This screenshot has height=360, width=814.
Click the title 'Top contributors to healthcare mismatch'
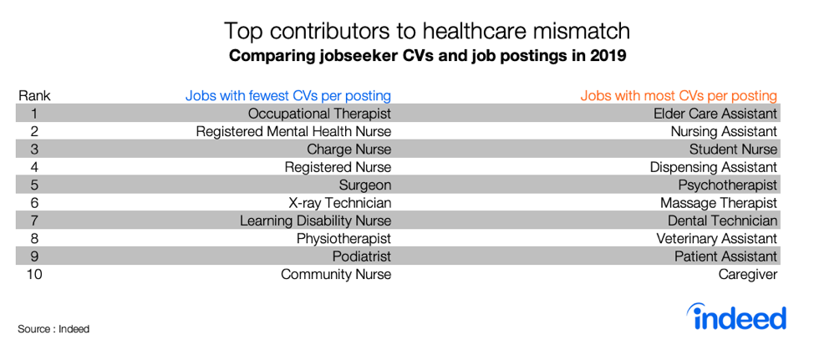click(x=426, y=32)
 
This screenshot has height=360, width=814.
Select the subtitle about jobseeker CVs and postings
click(x=427, y=57)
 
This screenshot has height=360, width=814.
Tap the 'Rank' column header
click(x=34, y=95)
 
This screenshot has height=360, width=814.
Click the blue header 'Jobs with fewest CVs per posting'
click(x=287, y=95)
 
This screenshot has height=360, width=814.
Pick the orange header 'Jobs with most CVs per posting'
click(x=679, y=95)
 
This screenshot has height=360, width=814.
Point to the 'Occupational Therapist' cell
click(x=319, y=113)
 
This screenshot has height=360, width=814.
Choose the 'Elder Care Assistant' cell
click(x=715, y=113)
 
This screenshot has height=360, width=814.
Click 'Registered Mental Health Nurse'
click(x=293, y=131)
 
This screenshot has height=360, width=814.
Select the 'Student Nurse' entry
click(x=733, y=149)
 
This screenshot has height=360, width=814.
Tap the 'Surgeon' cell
click(x=364, y=185)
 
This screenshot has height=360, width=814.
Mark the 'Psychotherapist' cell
click(x=727, y=185)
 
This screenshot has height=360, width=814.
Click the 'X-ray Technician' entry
click(x=339, y=202)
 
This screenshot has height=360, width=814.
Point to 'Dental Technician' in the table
click(x=722, y=221)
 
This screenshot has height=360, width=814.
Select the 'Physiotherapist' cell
click(x=343, y=238)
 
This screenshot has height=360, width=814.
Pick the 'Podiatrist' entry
click(x=361, y=256)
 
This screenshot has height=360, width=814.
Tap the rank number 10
click(x=34, y=274)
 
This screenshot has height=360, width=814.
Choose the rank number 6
click(x=34, y=202)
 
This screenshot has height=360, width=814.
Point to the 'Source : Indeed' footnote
click(x=53, y=329)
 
